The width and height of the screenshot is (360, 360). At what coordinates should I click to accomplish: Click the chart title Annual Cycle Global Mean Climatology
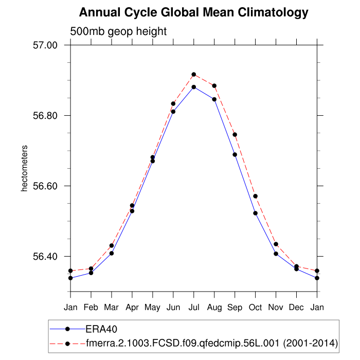point(194,12)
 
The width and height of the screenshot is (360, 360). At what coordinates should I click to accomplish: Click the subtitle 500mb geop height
point(118,31)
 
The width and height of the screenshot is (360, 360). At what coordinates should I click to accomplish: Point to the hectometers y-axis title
point(24,169)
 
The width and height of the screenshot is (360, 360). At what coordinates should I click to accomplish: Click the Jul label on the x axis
point(194,308)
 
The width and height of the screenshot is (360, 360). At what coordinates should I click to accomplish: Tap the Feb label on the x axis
point(91,308)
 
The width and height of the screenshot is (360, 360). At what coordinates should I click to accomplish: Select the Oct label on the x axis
point(256,308)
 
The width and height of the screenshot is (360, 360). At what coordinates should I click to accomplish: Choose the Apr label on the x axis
point(132,308)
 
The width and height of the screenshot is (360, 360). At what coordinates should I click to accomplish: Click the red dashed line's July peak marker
point(194,75)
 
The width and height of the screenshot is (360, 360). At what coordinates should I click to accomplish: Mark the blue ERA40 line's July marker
point(194,87)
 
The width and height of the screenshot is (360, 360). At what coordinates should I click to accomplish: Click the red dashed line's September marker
point(235,135)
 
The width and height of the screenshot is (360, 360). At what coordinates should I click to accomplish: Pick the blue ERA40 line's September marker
point(235,154)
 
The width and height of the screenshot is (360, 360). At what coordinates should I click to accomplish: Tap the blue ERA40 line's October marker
point(256,213)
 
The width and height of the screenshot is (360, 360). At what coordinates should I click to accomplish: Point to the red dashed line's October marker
point(256,196)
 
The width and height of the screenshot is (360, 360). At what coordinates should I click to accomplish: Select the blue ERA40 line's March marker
point(112,253)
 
